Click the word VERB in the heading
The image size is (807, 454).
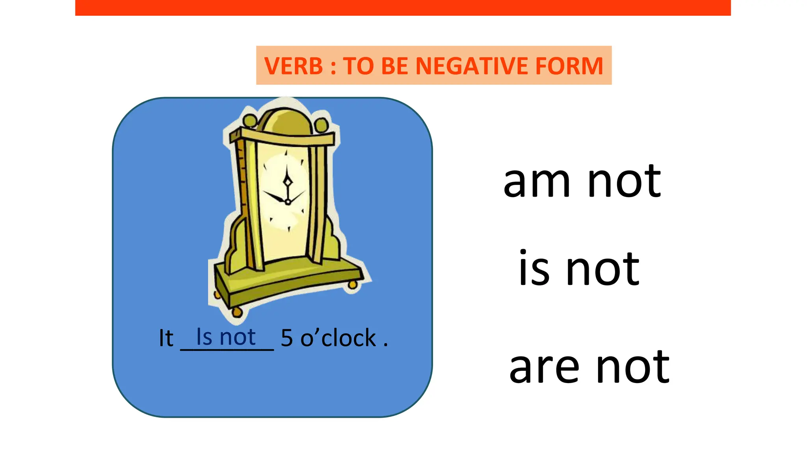pyautogui.click(x=294, y=66)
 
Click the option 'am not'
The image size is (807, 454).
pyautogui.click(x=582, y=181)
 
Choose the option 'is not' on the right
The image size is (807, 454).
pyautogui.click(x=579, y=269)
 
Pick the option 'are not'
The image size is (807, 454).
pyautogui.click(x=589, y=367)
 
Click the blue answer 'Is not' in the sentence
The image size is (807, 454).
pyautogui.click(x=226, y=337)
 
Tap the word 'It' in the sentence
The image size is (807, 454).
pyautogui.click(x=166, y=338)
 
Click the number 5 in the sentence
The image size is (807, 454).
pyautogui.click(x=287, y=338)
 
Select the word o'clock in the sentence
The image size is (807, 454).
pyautogui.click(x=338, y=338)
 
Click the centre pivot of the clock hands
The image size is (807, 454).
pyautogui.click(x=288, y=202)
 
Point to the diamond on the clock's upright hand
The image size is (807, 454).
pyautogui.click(x=288, y=182)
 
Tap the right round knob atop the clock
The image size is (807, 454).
pyautogui.click(x=322, y=125)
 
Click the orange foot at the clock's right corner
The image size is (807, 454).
pyautogui.click(x=353, y=285)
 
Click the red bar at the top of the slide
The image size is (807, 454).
pyautogui.click(x=403, y=7)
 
